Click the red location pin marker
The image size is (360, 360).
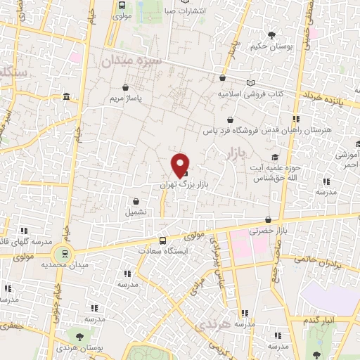pos(180,164)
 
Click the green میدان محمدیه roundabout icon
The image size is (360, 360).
pos(65,254)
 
